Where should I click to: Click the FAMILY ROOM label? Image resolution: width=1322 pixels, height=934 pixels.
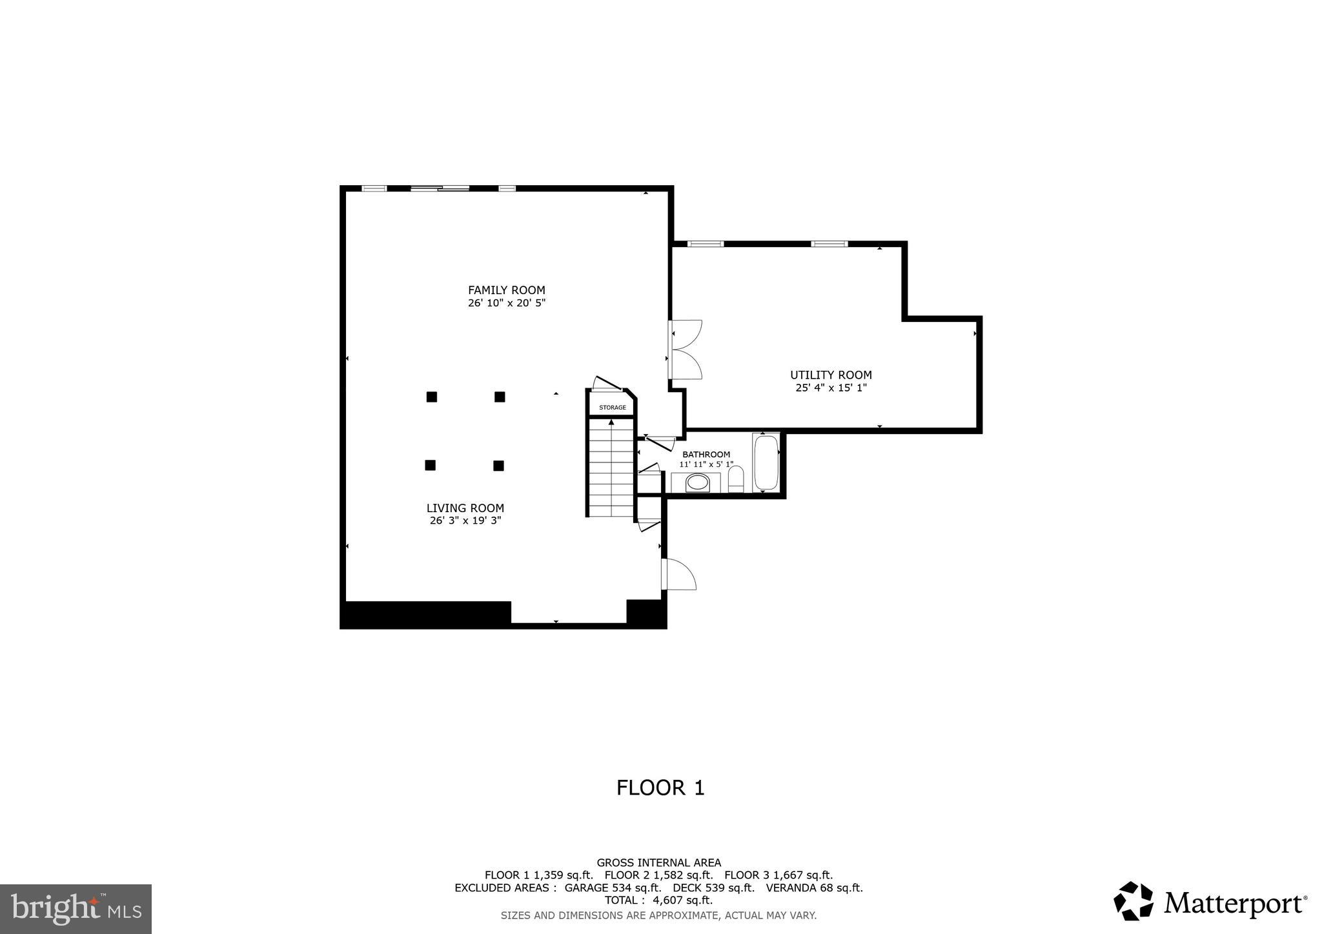(x=506, y=290)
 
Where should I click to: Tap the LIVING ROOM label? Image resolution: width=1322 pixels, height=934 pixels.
(x=465, y=508)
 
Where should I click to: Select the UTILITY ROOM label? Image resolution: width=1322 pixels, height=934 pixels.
(x=831, y=375)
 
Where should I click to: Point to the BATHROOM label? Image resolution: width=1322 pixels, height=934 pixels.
(x=706, y=455)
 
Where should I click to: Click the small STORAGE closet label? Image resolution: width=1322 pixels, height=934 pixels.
(x=612, y=408)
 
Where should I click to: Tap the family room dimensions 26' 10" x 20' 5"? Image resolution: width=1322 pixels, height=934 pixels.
(x=507, y=303)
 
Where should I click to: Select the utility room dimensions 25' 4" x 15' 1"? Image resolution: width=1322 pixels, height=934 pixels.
(x=831, y=388)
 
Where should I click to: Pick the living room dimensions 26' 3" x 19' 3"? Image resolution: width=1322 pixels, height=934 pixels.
(x=465, y=521)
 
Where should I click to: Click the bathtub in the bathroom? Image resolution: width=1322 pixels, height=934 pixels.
(x=766, y=463)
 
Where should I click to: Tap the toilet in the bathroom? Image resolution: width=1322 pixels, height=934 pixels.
(x=736, y=480)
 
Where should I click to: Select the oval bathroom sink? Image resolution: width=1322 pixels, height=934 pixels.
(x=697, y=482)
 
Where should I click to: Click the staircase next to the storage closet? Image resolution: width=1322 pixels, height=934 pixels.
(x=611, y=468)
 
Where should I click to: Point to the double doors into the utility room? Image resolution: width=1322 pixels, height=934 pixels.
(x=686, y=350)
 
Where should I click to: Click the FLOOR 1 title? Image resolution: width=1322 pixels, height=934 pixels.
(x=660, y=788)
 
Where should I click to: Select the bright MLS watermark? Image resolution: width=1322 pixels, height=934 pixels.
(x=76, y=909)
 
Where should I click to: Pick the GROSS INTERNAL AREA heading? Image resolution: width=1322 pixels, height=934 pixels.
(x=658, y=863)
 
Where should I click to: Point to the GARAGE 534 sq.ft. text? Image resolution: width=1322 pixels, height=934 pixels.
(x=613, y=888)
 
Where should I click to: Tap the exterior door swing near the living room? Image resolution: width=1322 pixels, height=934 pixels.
(x=679, y=575)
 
